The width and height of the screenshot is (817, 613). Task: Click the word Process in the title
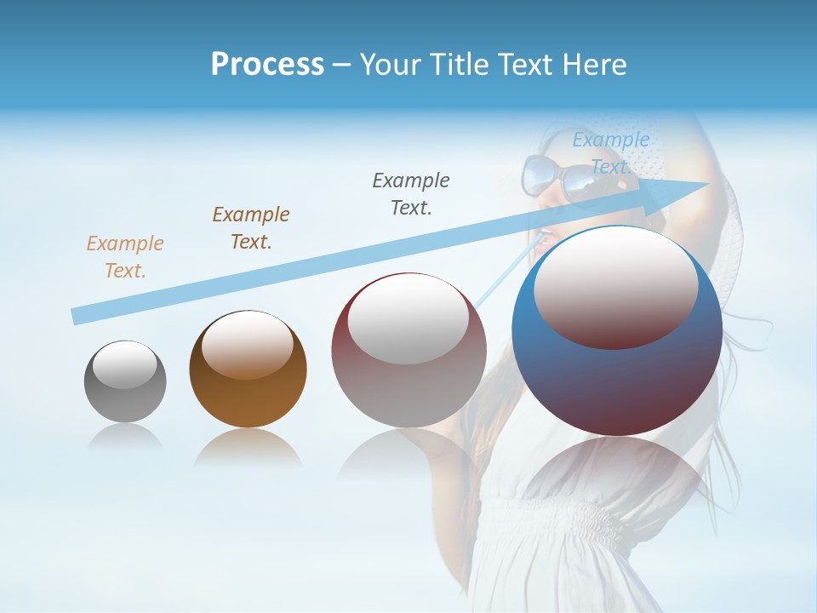pos(267,65)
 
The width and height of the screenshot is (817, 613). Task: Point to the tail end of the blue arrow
pos(75,316)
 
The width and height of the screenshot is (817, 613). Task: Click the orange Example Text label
pos(124,257)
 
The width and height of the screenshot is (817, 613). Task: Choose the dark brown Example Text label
pos(251,228)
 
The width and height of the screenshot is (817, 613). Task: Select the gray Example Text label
pos(411,194)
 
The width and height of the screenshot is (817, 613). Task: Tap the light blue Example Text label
pos(610,153)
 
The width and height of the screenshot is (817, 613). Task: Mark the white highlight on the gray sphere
pos(125,364)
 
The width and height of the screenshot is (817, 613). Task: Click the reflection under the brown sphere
pos(248,449)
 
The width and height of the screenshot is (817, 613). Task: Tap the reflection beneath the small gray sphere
pos(125,437)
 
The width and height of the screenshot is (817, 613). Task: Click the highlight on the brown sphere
pos(248,345)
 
